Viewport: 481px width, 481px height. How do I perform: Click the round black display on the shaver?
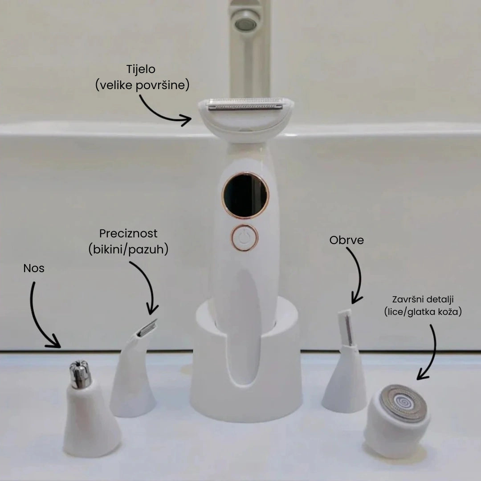click(245, 195)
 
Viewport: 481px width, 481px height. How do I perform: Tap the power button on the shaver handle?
click(244, 237)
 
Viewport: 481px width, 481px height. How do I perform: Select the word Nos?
click(34, 269)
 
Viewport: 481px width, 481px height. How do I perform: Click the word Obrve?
click(346, 240)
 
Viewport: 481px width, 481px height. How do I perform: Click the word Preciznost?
click(128, 233)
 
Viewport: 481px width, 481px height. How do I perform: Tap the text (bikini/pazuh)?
click(128, 249)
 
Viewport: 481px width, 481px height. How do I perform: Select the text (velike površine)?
click(142, 85)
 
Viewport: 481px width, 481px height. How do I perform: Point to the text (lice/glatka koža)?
click(422, 312)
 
